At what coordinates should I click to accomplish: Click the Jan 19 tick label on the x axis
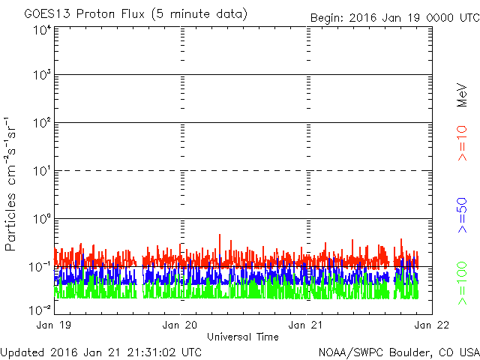coord(53,325)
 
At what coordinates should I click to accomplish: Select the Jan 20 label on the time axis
coord(180,325)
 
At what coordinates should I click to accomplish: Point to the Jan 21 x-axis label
coord(305,325)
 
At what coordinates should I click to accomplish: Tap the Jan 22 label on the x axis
coord(432,325)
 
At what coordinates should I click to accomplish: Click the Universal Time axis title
coord(243,337)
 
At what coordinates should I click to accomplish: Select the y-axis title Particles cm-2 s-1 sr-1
coord(10,184)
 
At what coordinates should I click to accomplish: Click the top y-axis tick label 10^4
coord(43,30)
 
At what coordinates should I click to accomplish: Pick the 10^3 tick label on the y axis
coord(43,74)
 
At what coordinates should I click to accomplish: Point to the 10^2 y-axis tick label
coord(43,123)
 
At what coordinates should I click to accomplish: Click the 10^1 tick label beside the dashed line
coord(43,171)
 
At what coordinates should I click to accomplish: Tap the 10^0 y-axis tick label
coord(43,219)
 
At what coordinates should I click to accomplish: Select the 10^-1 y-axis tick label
coord(40,267)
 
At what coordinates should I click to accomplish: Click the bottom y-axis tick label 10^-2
coord(40,310)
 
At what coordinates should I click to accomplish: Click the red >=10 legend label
coord(463,143)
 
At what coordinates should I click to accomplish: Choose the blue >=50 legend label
coord(463,215)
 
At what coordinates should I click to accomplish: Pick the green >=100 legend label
coord(463,283)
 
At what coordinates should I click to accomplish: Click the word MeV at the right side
coord(462,95)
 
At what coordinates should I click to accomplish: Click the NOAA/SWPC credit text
coord(399,352)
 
